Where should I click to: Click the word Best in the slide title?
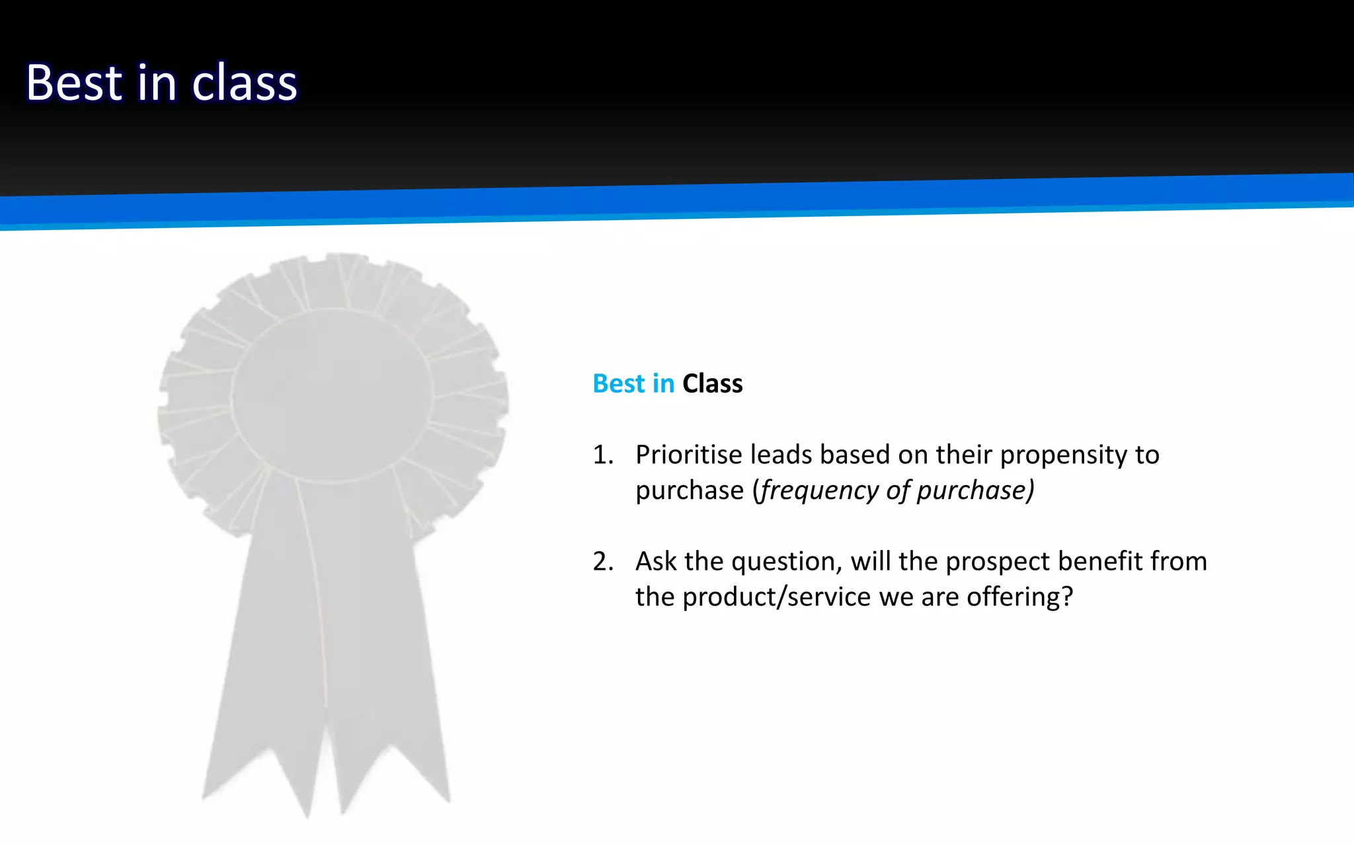74,83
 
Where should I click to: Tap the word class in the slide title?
245,83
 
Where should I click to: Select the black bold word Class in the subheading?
712,384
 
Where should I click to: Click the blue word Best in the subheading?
618,384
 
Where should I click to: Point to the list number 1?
602,455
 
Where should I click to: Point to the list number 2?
602,562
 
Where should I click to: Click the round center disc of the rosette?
332,395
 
